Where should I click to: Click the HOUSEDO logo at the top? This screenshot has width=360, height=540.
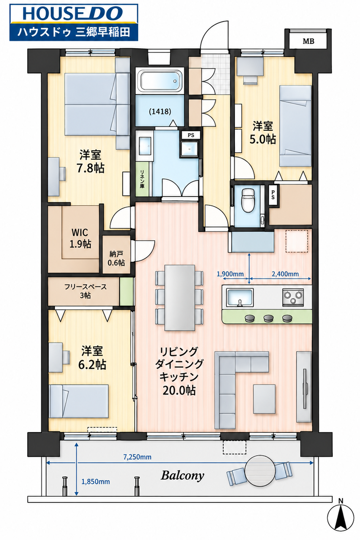coord(74,22)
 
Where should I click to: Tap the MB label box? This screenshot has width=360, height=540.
coord(308,41)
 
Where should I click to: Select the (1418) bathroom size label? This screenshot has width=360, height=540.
coord(160,111)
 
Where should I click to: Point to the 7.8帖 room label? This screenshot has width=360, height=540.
coord(90,161)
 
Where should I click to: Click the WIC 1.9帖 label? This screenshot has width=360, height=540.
coord(80,238)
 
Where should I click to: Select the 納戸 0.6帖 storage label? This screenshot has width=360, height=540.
coord(116,258)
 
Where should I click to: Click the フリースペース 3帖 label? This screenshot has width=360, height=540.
coord(86,291)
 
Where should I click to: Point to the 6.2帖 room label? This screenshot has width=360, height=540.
coord(92,358)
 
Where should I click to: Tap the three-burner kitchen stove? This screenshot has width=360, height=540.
coord(293,297)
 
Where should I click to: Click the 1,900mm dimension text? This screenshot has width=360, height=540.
coord(230,274)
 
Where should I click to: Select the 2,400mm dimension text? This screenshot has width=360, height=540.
coord(285,274)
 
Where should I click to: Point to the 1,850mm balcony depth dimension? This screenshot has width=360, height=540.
coord(95,482)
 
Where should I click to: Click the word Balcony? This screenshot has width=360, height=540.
coord(182,476)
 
